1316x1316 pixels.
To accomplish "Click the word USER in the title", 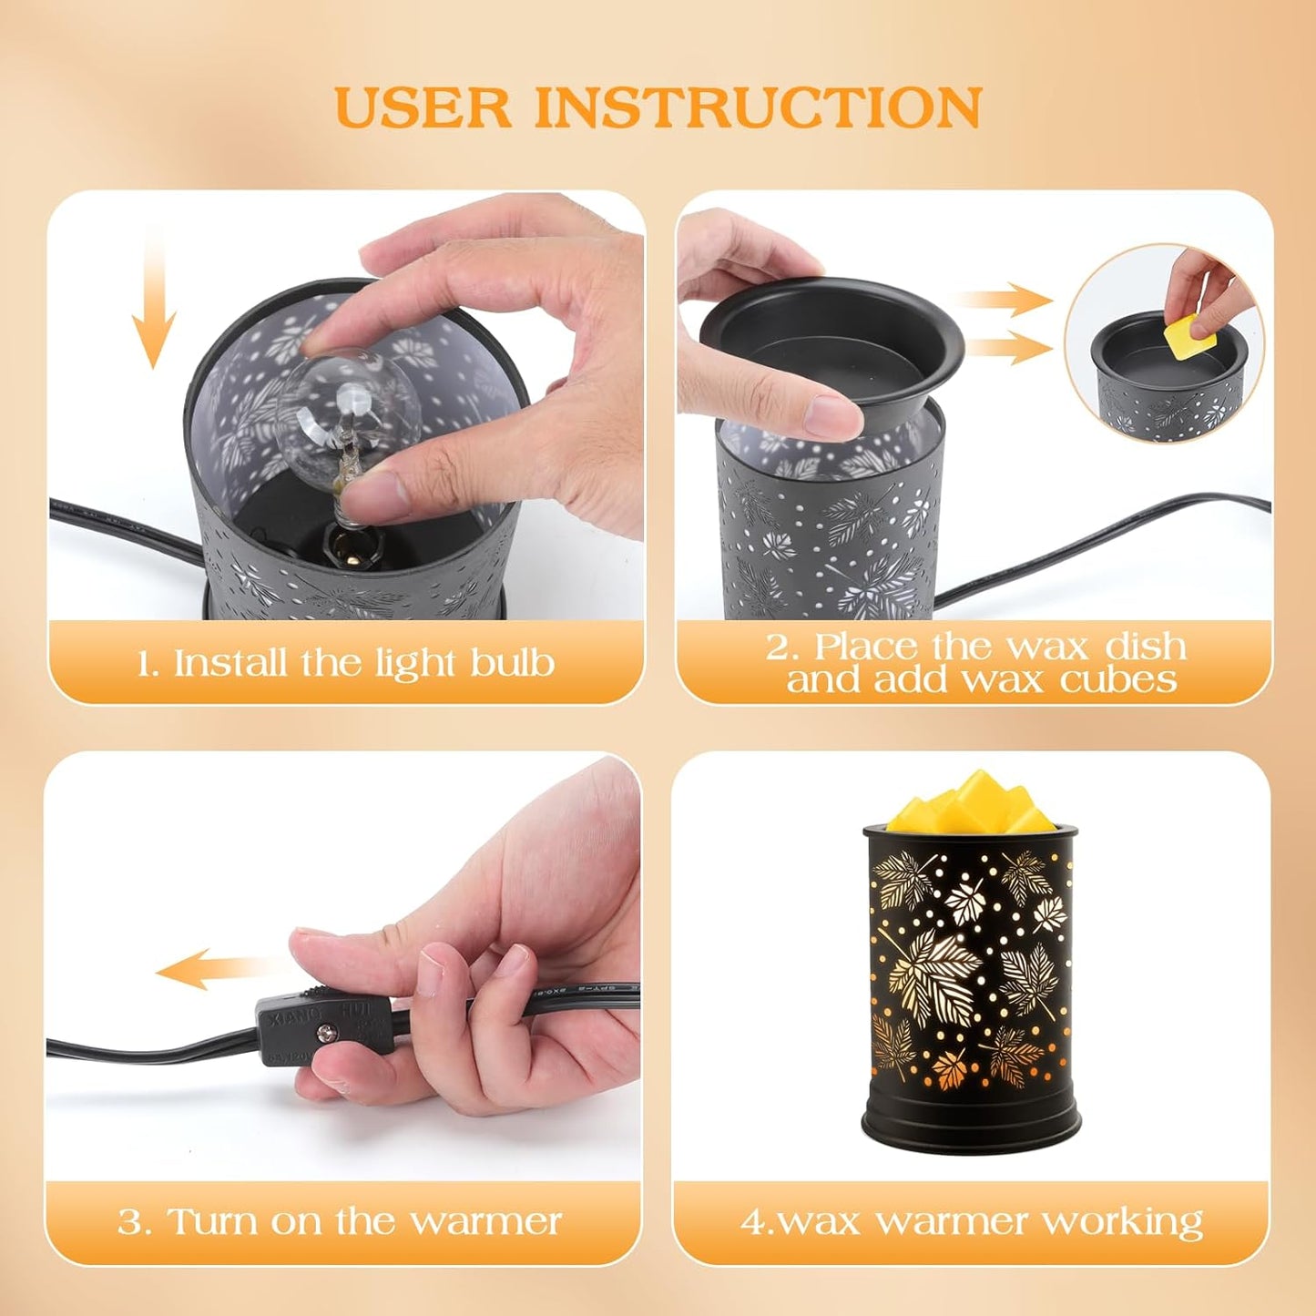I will [423, 107].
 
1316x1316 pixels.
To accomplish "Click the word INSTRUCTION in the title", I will [758, 107].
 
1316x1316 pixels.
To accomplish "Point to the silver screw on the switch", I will [325, 1033].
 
